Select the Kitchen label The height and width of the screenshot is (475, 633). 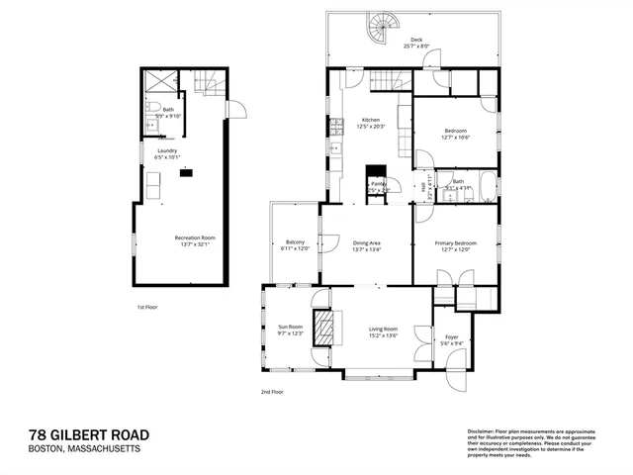tap(370, 121)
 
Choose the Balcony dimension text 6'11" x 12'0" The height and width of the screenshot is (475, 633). tap(295, 248)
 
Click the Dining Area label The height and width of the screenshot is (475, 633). tap(367, 241)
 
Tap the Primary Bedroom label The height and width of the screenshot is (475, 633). tap(455, 241)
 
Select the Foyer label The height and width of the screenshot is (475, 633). tap(451, 336)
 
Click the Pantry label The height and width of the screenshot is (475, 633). tap(377, 183)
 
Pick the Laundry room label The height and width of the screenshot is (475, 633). tap(167, 150)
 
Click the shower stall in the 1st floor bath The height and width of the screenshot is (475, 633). tap(159, 82)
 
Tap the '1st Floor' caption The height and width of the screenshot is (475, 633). tap(147, 307)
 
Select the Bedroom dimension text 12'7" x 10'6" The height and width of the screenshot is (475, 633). tap(455, 138)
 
